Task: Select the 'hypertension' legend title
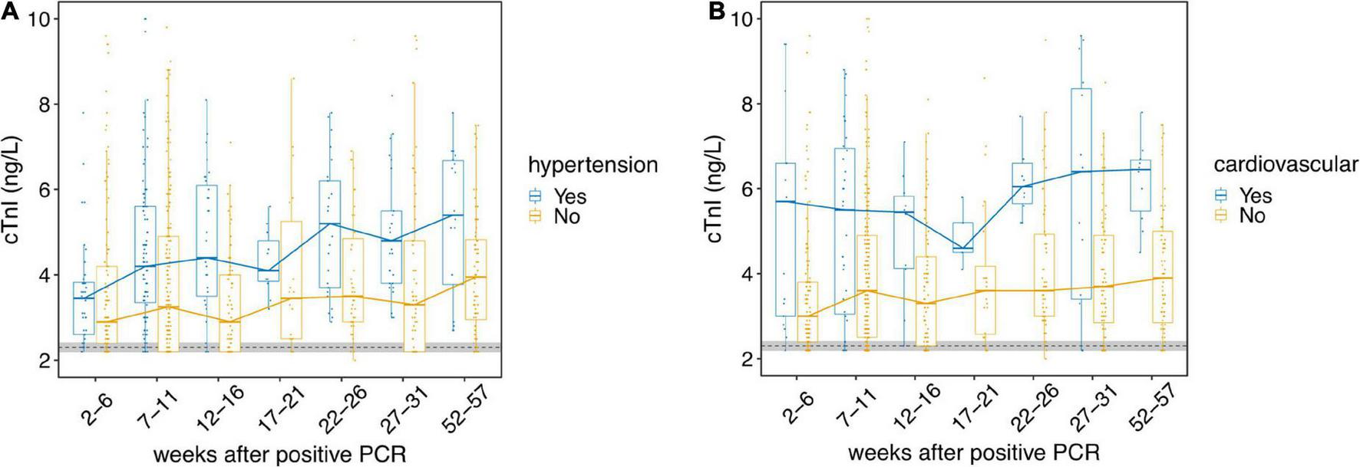pos(593,164)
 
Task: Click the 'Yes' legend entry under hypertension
pos(569,196)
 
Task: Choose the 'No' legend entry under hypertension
pos(566,217)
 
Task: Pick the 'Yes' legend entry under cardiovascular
pos(1254,196)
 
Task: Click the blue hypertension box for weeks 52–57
pos(453,222)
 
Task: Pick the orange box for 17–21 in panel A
pos(291,280)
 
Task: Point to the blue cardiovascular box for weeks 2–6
pos(785,239)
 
